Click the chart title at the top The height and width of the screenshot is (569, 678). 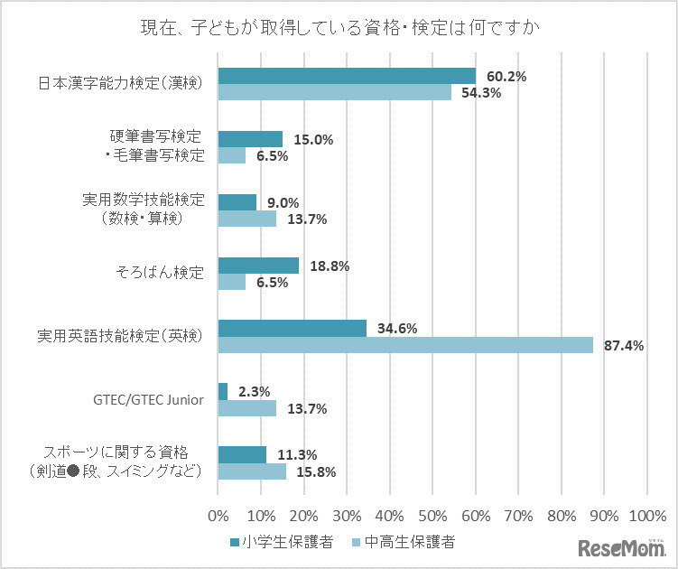point(339,27)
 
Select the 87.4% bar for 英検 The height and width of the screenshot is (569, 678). point(405,345)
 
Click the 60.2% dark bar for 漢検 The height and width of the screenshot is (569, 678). point(347,76)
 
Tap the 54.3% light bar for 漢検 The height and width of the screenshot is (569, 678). point(335,92)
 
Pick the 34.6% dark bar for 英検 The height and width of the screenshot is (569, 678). point(293,329)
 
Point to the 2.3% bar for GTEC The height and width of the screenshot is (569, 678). point(223,392)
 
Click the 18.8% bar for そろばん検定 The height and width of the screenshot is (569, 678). point(258,266)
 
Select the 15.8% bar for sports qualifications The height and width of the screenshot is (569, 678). point(252,471)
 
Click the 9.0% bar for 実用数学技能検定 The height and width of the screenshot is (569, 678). point(237,202)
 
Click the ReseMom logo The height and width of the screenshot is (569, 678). point(620,547)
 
